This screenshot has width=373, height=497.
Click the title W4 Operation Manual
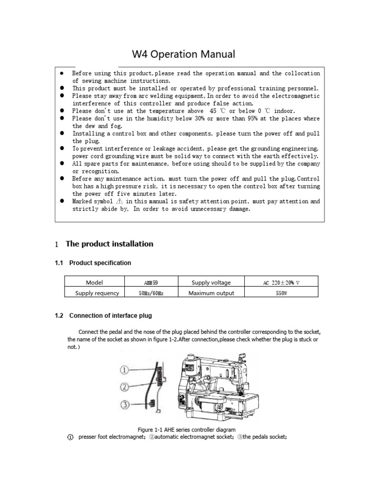184,54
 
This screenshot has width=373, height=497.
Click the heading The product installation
109,244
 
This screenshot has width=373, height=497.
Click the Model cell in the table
94,282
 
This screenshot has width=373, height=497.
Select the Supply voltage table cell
211,282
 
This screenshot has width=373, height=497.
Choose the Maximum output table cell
211,293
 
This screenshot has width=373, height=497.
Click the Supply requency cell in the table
97,293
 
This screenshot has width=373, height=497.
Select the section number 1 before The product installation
57,244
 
